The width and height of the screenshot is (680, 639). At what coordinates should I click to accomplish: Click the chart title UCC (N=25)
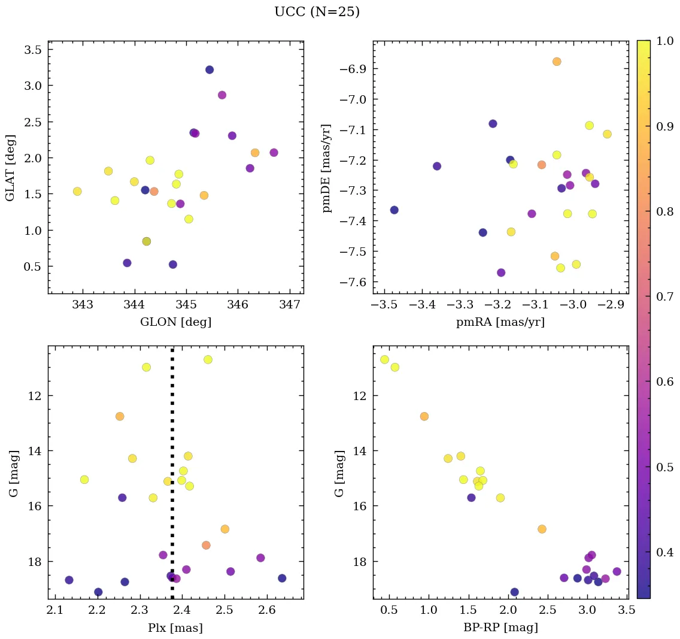coord(317,12)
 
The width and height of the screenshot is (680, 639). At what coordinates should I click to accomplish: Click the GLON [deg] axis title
coord(175,322)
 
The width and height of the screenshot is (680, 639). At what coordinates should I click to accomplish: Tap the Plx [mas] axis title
coord(175,628)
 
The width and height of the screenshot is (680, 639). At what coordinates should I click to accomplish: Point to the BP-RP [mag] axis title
coord(500,628)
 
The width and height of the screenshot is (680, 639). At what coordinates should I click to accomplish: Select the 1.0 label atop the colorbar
coord(663,41)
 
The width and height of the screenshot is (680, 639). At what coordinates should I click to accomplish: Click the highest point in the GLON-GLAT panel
coord(210,69)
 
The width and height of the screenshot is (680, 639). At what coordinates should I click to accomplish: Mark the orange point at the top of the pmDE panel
coord(557,62)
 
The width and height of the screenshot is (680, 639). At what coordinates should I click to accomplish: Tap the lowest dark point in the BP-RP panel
coord(514,592)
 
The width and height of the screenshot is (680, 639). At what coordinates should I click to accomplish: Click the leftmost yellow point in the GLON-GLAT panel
coord(77,191)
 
